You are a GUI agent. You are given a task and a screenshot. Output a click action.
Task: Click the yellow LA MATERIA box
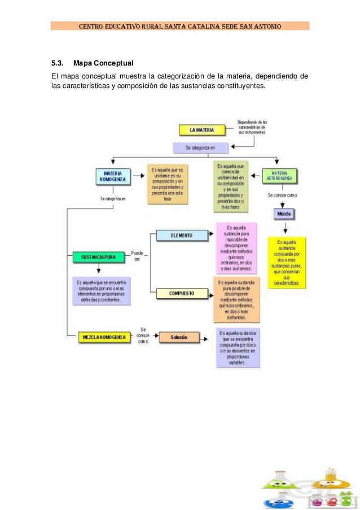click(201, 130)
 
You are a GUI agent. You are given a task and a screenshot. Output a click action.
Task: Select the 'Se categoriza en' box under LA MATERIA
click(200, 148)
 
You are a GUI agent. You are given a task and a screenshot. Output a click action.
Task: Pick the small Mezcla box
click(284, 214)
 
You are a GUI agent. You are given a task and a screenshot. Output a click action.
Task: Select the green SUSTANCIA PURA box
click(98, 256)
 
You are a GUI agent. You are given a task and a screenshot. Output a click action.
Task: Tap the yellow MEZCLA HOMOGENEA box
click(104, 337)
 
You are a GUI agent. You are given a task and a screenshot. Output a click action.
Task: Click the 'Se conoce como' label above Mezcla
click(282, 195)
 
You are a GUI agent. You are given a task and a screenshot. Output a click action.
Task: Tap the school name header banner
click(179, 26)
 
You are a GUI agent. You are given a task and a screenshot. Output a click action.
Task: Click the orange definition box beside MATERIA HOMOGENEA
click(168, 184)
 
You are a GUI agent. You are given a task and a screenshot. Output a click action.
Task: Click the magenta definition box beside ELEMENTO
click(236, 247)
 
